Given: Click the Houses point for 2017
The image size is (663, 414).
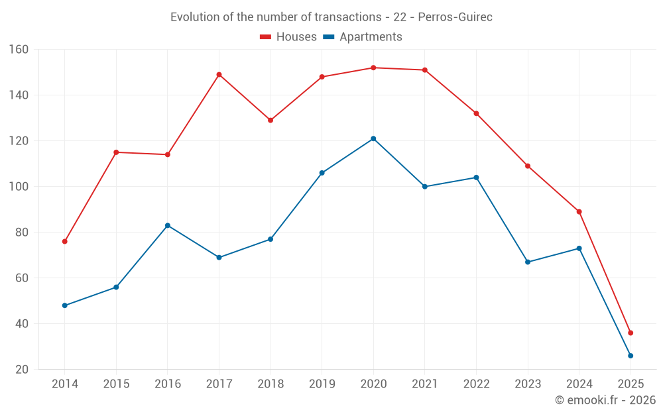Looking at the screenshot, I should (x=219, y=75).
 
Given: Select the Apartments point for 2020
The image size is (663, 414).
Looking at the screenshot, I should (x=373, y=138).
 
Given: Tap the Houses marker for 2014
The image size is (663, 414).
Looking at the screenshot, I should (x=64, y=241).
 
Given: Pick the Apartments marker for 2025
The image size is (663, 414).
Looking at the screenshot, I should (x=631, y=356).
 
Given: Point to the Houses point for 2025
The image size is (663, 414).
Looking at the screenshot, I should (x=631, y=333).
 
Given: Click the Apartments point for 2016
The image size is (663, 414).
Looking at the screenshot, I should (x=168, y=225).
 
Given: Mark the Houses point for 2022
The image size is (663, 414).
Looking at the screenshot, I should (x=476, y=113).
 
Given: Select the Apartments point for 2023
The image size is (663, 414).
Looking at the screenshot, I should (x=528, y=262).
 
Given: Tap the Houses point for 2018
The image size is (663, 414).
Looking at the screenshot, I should (x=271, y=120).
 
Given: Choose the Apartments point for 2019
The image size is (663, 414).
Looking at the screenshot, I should (x=322, y=173).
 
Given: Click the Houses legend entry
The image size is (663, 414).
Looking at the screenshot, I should (x=288, y=37).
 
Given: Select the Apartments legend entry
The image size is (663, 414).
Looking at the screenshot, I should (x=363, y=37).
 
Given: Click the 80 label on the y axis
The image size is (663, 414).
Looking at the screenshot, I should (x=22, y=233).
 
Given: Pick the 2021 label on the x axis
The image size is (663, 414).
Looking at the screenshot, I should (x=425, y=384).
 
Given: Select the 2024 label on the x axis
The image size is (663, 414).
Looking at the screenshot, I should (x=579, y=384).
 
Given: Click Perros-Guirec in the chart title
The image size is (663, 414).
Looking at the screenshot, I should (x=455, y=17).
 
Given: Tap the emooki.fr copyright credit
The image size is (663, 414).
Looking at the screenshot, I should (x=605, y=400).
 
